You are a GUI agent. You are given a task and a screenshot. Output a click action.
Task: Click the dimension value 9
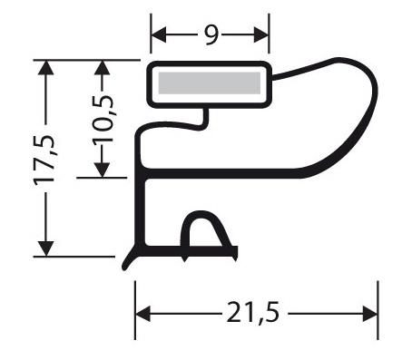(211, 35)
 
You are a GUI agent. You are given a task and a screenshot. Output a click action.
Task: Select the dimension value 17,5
(44, 160)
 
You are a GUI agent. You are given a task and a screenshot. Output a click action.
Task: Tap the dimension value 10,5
(103, 119)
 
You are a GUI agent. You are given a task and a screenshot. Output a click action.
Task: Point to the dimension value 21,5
(253, 313)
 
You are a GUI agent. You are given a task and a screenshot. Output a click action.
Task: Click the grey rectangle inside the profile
(210, 83)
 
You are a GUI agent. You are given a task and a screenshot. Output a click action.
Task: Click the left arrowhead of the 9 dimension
(159, 34)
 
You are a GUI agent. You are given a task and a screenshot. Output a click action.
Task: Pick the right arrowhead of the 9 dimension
(261, 34)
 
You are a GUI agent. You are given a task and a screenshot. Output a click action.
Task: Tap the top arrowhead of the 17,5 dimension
(45, 68)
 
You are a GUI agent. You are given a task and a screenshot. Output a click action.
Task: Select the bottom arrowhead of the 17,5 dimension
(45, 248)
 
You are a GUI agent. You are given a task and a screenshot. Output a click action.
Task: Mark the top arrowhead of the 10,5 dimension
(102, 68)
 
